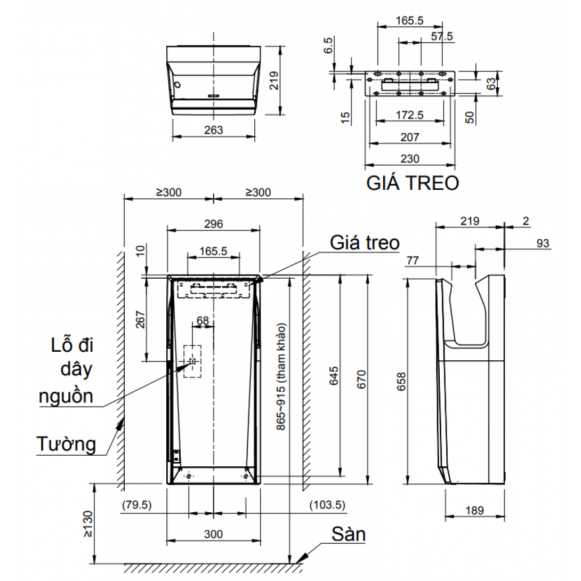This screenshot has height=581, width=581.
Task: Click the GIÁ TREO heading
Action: pos(413,183)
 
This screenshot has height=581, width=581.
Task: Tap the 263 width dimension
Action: pos(213,130)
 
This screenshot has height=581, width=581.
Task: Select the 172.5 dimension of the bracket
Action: pos(409,114)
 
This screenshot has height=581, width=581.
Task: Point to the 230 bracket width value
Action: pos(409,158)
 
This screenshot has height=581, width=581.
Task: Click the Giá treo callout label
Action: pos(364,243)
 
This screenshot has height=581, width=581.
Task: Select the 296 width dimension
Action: pos(213,224)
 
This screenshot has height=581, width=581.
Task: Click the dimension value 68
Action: pos(203,320)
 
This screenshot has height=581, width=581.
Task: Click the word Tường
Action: pos(66,443)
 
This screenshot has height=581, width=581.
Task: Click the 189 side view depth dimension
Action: pos(474,510)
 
